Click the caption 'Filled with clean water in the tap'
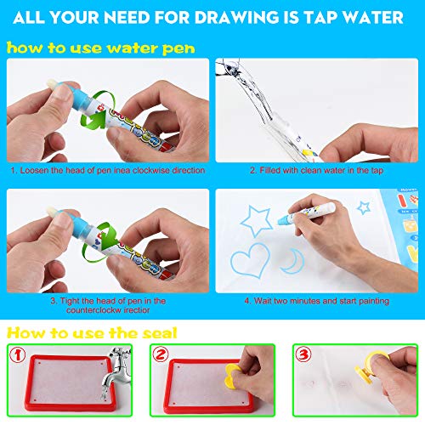(x=316, y=171)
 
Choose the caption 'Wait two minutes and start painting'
(x=316, y=300)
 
